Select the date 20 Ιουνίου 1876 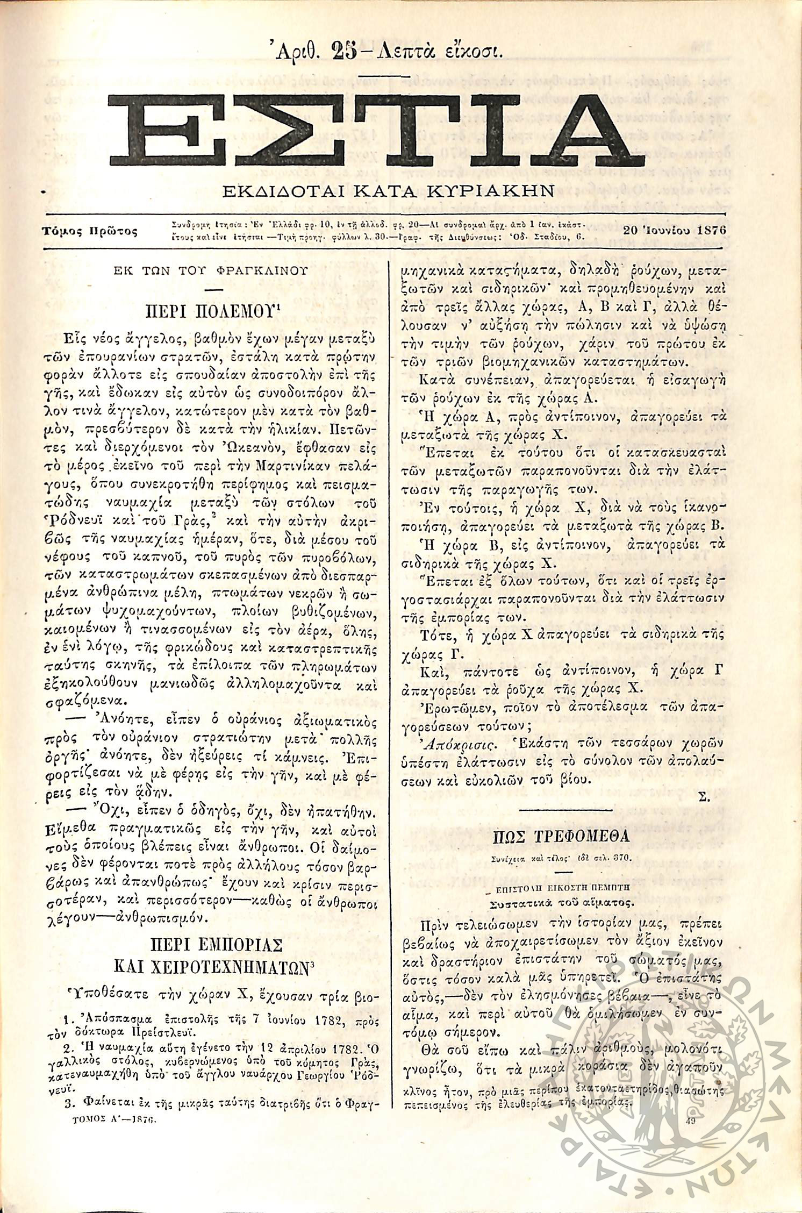tap(675, 229)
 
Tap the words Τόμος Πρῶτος tap(90, 231)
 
